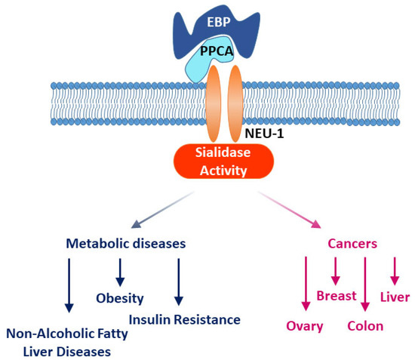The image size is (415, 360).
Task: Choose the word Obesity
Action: [x=119, y=298]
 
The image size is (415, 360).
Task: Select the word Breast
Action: [x=336, y=296]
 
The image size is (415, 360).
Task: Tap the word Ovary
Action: [x=305, y=326]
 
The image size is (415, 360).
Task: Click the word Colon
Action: [x=365, y=326]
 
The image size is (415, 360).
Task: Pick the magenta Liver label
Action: [x=394, y=297]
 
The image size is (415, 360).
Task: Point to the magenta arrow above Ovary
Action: [x=306, y=283]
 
